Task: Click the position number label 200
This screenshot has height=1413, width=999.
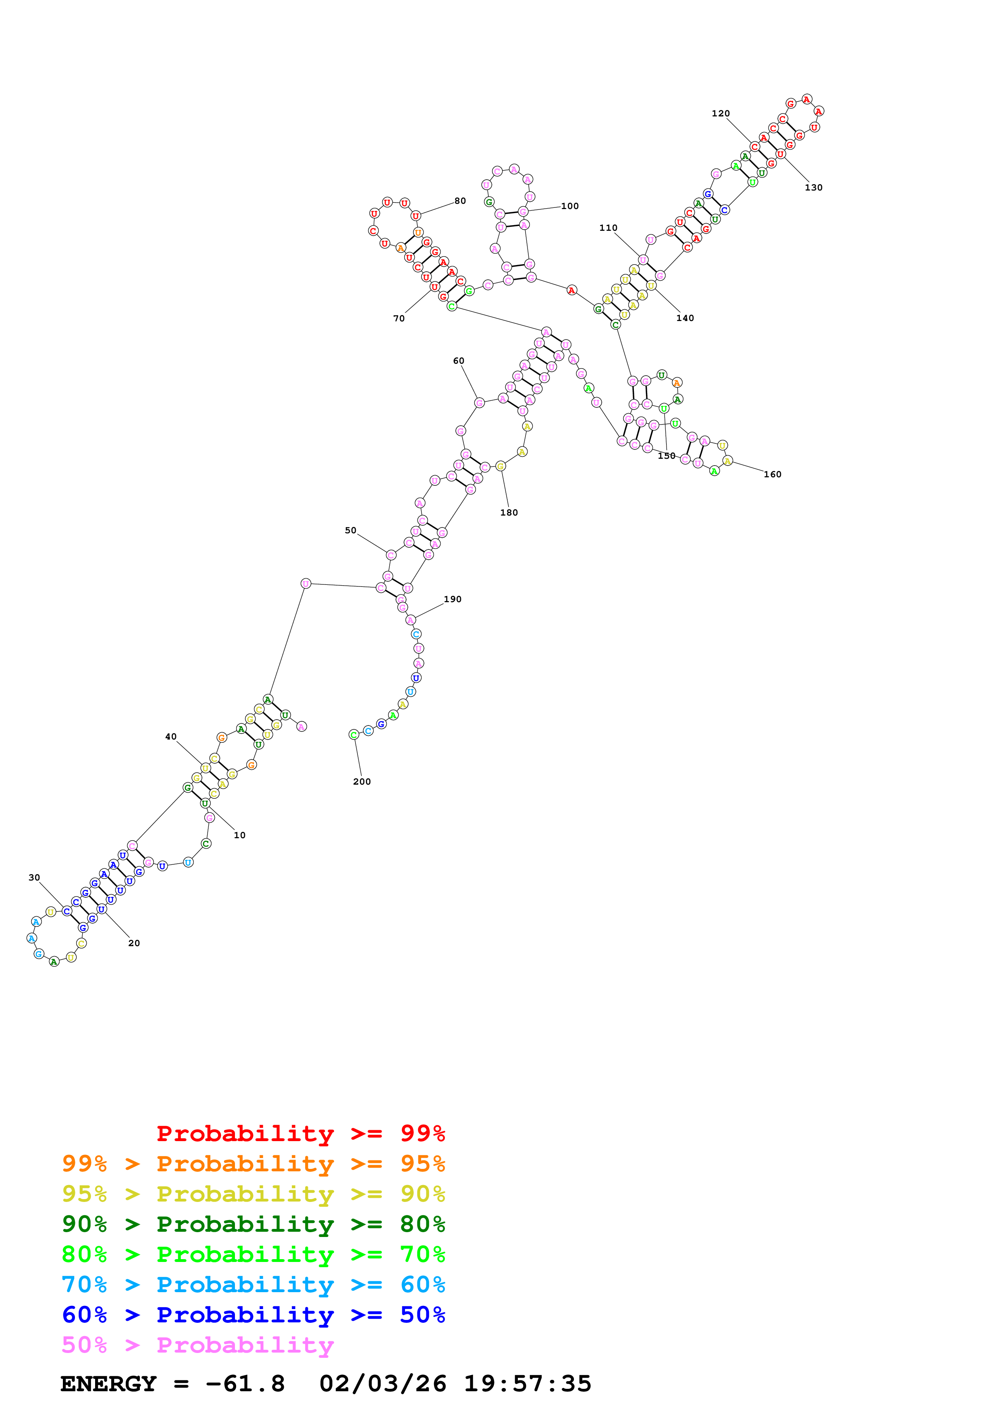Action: [361, 781]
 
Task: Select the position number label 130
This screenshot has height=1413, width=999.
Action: [813, 188]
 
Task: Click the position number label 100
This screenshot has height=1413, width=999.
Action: [569, 206]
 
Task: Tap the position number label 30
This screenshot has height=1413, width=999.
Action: [35, 878]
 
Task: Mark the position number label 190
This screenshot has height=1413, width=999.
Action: [453, 599]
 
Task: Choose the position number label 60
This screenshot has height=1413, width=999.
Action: [459, 361]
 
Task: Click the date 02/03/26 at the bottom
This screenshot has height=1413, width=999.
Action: [382, 1384]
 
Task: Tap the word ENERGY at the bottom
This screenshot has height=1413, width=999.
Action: [108, 1384]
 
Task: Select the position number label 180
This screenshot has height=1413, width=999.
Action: [509, 513]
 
